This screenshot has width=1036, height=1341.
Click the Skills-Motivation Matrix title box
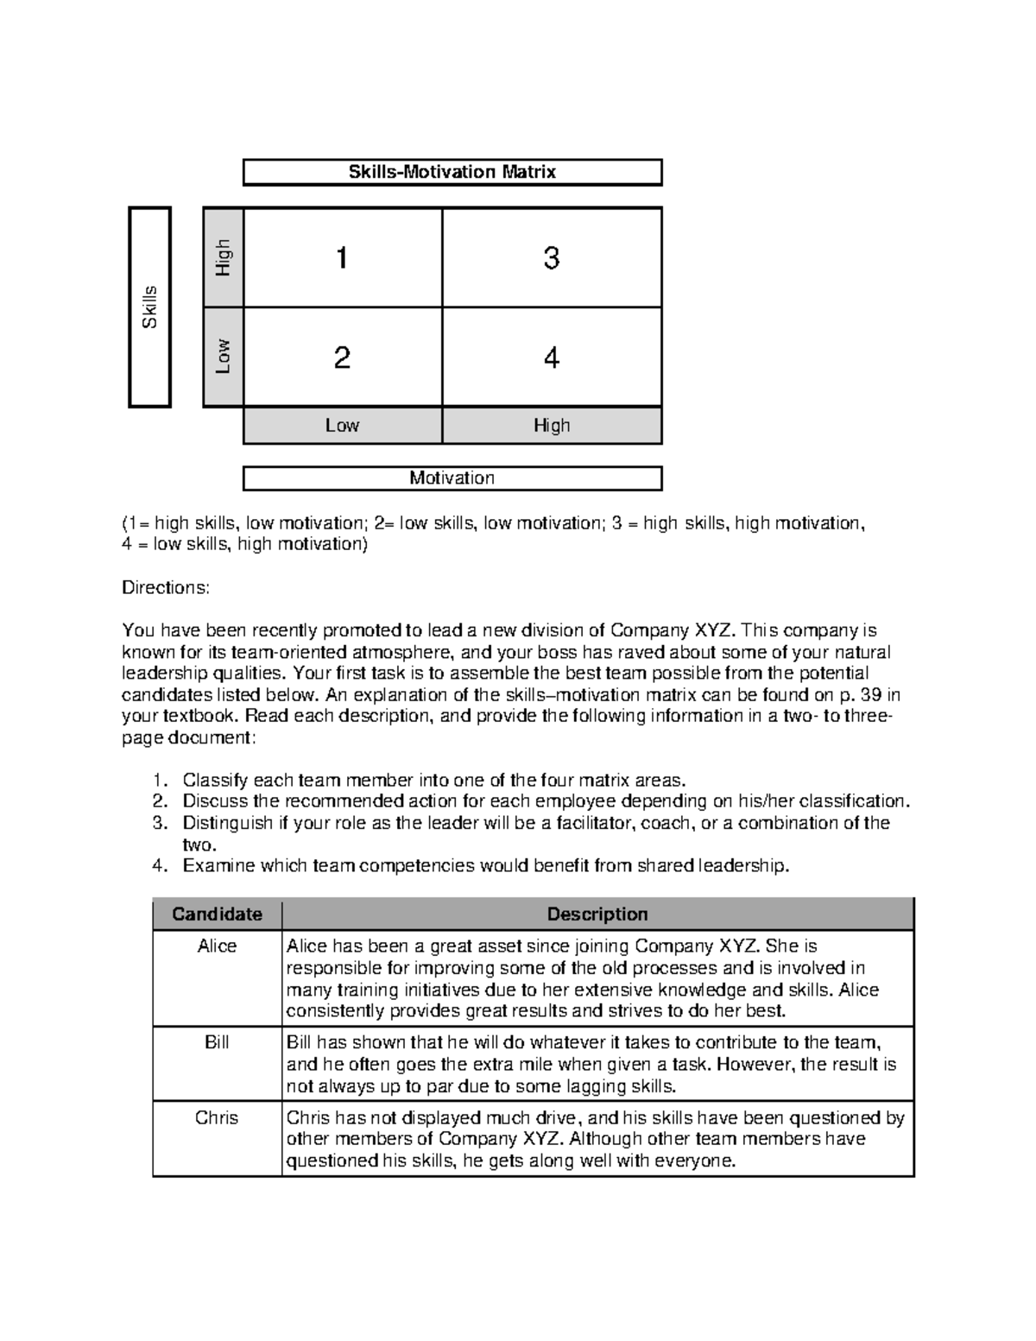pyautogui.click(x=452, y=172)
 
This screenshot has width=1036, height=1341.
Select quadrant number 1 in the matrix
pyautogui.click(x=342, y=257)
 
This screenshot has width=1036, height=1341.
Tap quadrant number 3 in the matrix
pyautogui.click(x=552, y=257)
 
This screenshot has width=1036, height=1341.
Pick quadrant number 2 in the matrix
pyautogui.click(x=342, y=357)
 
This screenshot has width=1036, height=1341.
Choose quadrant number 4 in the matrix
pyautogui.click(x=552, y=357)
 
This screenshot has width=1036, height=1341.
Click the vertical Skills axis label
pyautogui.click(x=150, y=307)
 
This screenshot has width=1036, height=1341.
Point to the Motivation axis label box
pyautogui.click(x=452, y=478)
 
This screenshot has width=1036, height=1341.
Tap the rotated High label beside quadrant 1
pyautogui.click(x=224, y=257)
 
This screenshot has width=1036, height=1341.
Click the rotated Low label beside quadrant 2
pyautogui.click(x=224, y=356)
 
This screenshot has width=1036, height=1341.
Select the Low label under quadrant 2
pyautogui.click(x=342, y=425)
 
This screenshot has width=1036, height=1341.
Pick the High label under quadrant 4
pyautogui.click(x=552, y=425)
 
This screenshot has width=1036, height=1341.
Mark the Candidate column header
pyautogui.click(x=217, y=914)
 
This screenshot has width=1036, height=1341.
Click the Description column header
pyautogui.click(x=597, y=914)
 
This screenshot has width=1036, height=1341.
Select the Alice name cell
pyautogui.click(x=217, y=946)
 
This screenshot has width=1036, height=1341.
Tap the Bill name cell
pyautogui.click(x=217, y=1042)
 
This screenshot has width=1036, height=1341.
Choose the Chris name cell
pyautogui.click(x=217, y=1117)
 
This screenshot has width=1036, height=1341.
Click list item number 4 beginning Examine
pyautogui.click(x=485, y=865)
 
